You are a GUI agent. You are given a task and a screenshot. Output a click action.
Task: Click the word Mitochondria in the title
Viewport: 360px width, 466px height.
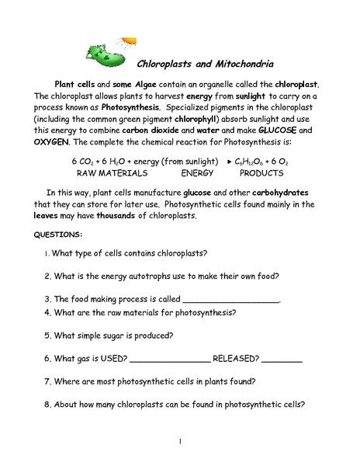(240, 64)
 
